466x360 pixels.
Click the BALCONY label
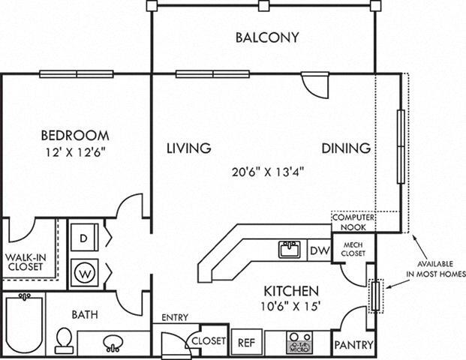tap(267, 37)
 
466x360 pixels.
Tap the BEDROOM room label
tap(74, 136)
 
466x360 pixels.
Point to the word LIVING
tap(188, 148)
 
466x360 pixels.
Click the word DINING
tap(346, 148)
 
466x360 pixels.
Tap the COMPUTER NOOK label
tap(353, 220)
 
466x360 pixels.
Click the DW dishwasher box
tap(319, 250)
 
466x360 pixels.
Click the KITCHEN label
tap(292, 290)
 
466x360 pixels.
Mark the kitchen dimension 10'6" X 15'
tap(292, 306)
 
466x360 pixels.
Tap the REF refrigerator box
tap(246, 341)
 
